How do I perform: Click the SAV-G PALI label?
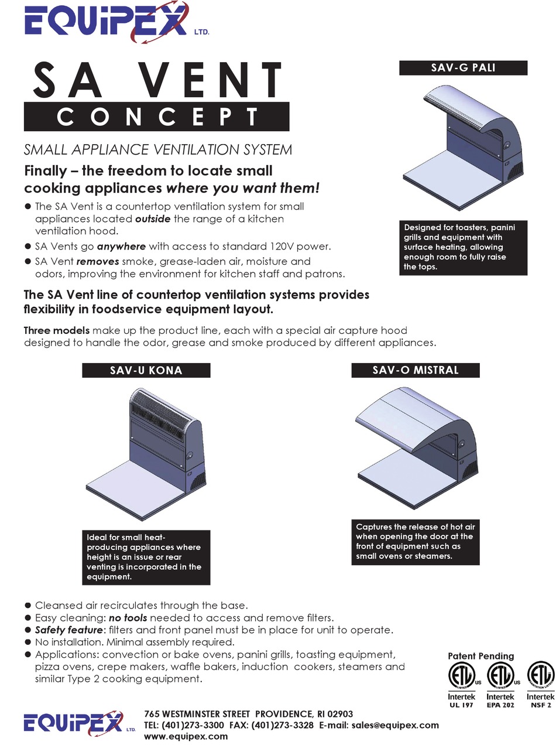463,67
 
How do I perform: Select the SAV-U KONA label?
146,370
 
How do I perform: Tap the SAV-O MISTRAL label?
416,370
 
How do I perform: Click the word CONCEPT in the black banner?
157,117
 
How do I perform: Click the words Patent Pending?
481,656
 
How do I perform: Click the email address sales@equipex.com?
395,725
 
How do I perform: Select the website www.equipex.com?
186,736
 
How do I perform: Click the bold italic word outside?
153,219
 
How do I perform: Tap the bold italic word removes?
98,261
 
